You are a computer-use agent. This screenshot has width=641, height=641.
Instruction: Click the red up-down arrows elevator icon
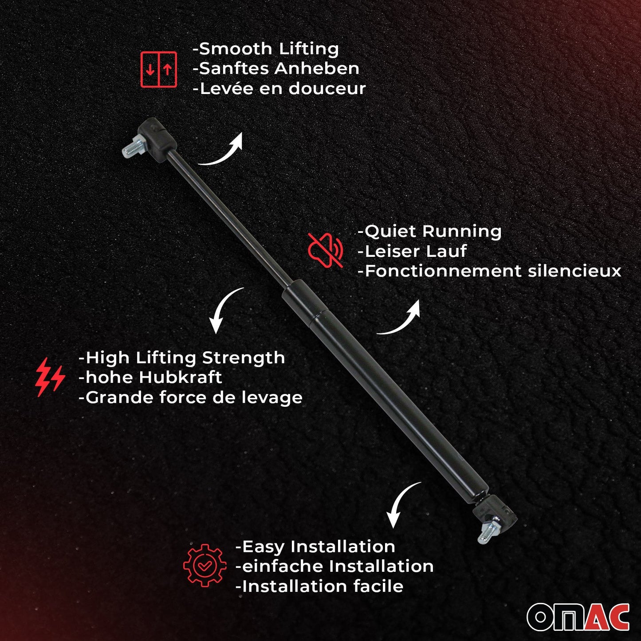pyautogui.click(x=159, y=69)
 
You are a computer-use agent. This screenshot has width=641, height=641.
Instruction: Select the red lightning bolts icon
pyautogui.click(x=50, y=378)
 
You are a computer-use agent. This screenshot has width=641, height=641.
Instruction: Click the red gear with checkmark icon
pyautogui.click(x=204, y=565)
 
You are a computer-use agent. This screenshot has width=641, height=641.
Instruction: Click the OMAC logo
pyautogui.click(x=578, y=617)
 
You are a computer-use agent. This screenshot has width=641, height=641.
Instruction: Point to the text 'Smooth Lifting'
pyautogui.click(x=266, y=49)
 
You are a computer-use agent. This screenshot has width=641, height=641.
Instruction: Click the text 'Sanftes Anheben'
pyautogui.click(x=276, y=69)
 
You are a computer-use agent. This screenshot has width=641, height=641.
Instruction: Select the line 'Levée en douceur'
pyautogui.click(x=279, y=89)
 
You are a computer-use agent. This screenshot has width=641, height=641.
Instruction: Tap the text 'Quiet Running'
pyautogui.click(x=429, y=231)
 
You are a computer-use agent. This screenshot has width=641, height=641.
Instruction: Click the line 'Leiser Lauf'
pyautogui.click(x=412, y=252)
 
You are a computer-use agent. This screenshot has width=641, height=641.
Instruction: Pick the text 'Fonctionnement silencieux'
pyautogui.click(x=489, y=271)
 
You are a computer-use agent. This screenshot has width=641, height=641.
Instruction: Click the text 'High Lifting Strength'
pyautogui.click(x=181, y=358)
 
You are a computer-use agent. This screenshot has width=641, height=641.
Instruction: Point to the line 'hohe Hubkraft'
pyautogui.click(x=150, y=378)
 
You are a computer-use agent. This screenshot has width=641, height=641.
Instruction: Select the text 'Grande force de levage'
pyautogui.click(x=190, y=397)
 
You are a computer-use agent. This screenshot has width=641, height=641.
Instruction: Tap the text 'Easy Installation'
pyautogui.click(x=315, y=547)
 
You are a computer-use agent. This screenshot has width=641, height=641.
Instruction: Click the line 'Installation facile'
pyautogui.click(x=319, y=586)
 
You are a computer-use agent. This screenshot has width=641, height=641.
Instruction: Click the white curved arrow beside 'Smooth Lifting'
pyautogui.click(x=222, y=151)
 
